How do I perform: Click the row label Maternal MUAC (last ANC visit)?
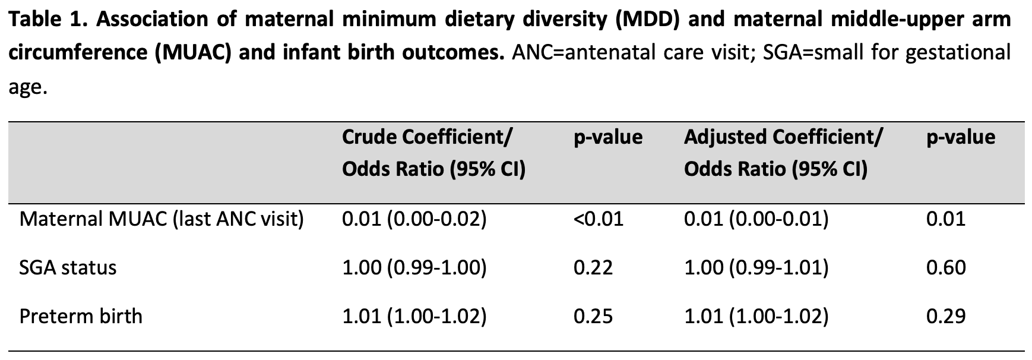pyautogui.click(x=162, y=220)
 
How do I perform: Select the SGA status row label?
pyautogui.click(x=68, y=268)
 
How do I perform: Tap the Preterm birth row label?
pyautogui.click(x=81, y=316)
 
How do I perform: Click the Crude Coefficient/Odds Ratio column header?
pyautogui.click(x=434, y=153)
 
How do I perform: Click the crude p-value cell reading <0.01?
pyautogui.click(x=599, y=220)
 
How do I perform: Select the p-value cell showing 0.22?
pyautogui.click(x=593, y=268)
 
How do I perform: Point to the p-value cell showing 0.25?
pyautogui.click(x=593, y=316)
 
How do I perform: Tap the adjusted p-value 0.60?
pyautogui.click(x=946, y=268)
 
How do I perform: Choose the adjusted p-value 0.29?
pyautogui.click(x=946, y=316)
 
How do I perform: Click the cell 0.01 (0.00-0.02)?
pyautogui.click(x=414, y=220)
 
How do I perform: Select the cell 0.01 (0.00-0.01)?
pyautogui.click(x=756, y=220)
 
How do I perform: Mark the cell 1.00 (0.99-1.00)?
pyautogui.click(x=414, y=268)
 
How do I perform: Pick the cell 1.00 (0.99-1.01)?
pyautogui.click(x=756, y=268)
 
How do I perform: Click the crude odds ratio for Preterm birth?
pyautogui.click(x=414, y=316)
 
